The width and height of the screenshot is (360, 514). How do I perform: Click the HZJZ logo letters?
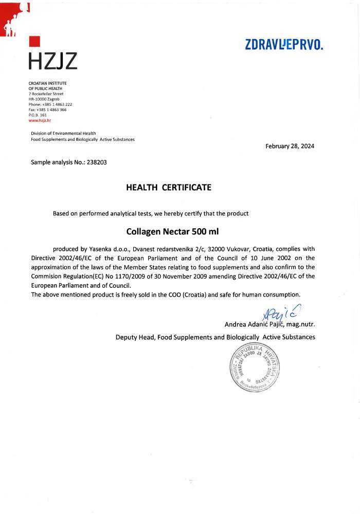[x=52, y=61]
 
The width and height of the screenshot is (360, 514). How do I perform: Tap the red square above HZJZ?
[x=34, y=42]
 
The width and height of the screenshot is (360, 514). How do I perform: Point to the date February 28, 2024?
[x=290, y=146]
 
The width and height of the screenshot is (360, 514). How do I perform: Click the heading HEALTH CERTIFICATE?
[x=169, y=188]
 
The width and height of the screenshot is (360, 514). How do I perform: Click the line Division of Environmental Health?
[x=63, y=134]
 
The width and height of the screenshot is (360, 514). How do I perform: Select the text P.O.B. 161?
[x=38, y=115]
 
